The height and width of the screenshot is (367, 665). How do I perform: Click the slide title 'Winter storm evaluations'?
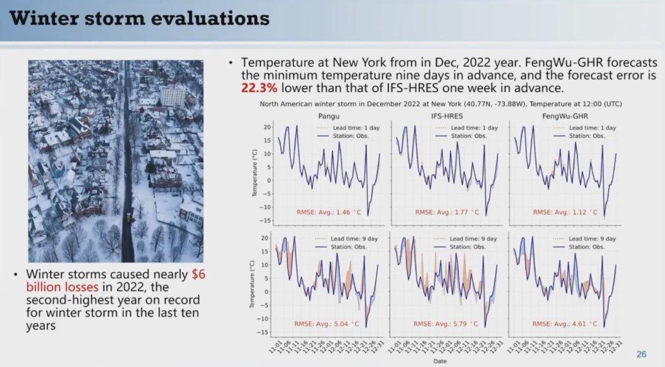point(140,18)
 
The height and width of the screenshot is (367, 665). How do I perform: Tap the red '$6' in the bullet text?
point(198,275)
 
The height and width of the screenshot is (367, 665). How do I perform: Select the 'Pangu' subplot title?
point(329,116)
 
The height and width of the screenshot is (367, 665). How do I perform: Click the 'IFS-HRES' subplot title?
point(447,116)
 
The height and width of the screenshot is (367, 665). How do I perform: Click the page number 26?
point(641,354)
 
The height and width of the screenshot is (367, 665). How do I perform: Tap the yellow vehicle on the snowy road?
point(128,217)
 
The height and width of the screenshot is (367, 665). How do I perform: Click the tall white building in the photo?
point(172,95)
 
